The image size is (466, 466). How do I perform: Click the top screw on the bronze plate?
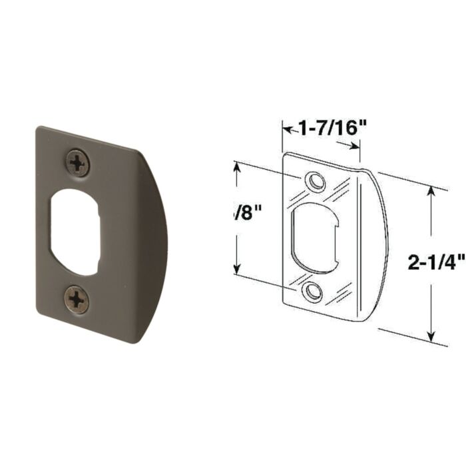[78, 162]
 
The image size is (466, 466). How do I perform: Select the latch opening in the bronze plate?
[74, 232]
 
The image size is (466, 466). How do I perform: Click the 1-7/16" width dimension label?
[331, 126]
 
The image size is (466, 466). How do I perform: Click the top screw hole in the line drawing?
[315, 181]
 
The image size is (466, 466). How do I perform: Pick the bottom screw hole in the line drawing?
[311, 292]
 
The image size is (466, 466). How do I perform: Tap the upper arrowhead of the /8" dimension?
[236, 166]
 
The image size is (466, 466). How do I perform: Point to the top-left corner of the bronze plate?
[39, 129]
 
